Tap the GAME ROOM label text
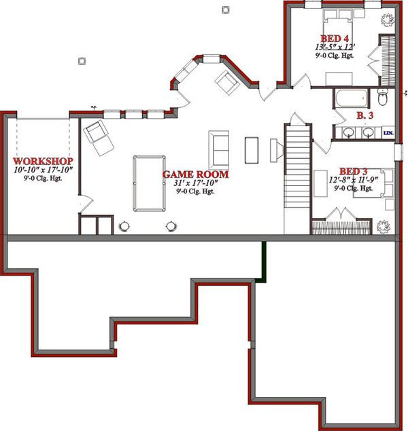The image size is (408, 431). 195,174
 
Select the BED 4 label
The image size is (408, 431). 336,38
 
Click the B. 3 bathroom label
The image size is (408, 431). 365,116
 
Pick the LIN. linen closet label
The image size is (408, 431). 389,132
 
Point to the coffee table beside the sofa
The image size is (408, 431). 251,149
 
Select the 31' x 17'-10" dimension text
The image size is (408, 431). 195,183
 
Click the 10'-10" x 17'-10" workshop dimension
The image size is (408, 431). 43,170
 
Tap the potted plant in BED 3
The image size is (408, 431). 385,227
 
